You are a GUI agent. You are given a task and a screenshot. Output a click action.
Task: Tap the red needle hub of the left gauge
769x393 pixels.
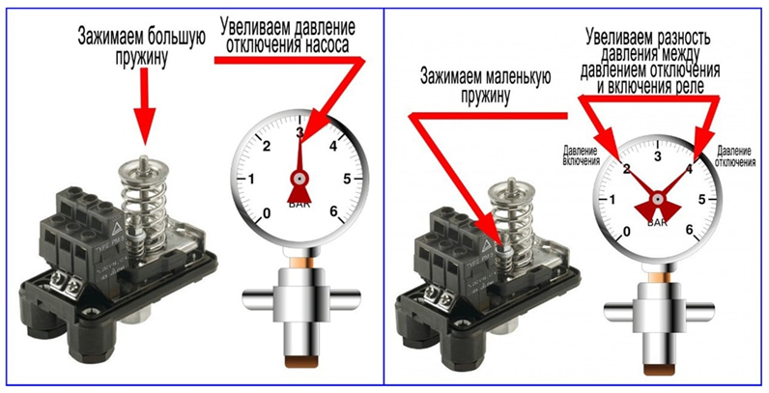(x=300, y=179)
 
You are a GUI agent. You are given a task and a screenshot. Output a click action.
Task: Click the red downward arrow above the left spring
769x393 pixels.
(x=144, y=106)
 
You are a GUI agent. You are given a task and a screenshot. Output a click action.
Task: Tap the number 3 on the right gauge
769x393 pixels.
(x=658, y=155)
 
